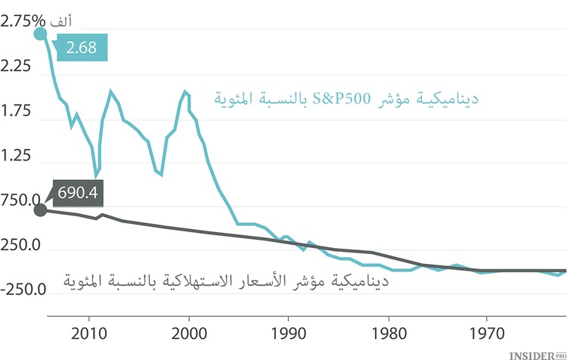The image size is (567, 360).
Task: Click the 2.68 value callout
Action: point(81,48)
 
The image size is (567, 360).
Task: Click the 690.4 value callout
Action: point(77,193)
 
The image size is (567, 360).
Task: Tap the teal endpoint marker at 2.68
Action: point(40,34)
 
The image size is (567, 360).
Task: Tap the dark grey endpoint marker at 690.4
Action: point(40,209)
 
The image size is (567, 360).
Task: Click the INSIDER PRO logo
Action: point(537,352)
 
